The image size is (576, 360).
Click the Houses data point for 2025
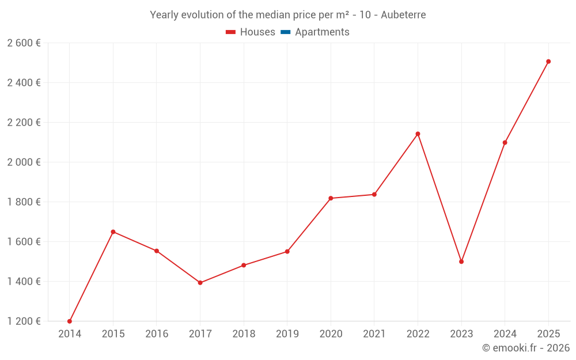548,62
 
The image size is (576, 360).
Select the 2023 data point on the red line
461,262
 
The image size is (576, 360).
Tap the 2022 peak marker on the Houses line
418,134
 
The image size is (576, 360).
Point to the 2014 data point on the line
70,321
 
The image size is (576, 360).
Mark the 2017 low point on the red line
200,283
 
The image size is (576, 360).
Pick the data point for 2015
113,232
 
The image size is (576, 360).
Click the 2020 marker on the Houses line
331,198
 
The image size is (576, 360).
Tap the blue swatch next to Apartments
285,32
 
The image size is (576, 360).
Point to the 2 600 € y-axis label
24,43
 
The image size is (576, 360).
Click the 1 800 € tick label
24,202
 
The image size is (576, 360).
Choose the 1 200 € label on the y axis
24,321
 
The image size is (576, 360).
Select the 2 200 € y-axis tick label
24,122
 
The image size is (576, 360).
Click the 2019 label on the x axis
287,334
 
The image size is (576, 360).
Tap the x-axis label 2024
505,334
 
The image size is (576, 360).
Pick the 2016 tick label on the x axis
157,334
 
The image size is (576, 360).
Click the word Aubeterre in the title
404,15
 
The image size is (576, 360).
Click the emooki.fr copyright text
526,348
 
